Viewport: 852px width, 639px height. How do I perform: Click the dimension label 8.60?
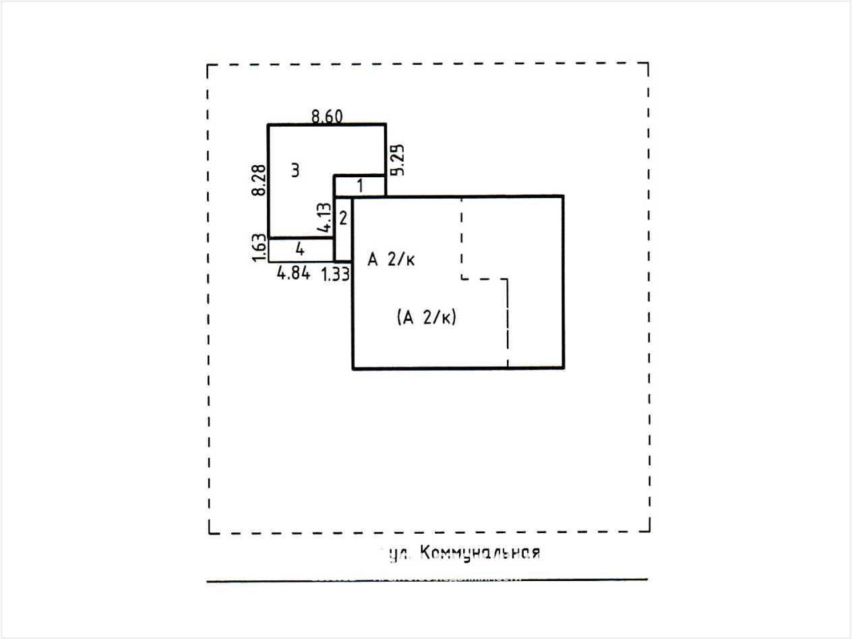[x=327, y=117]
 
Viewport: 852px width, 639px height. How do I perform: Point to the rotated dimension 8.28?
[x=257, y=181]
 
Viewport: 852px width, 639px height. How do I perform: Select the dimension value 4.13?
[x=324, y=218]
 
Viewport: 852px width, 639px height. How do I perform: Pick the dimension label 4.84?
[x=294, y=273]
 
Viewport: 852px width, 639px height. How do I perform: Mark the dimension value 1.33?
[x=335, y=274]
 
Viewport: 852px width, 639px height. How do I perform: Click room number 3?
[x=295, y=171]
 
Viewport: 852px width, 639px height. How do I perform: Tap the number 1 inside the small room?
[x=360, y=185]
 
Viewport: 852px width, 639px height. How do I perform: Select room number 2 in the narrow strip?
[x=343, y=218]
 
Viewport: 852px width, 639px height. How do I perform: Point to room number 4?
[x=301, y=249]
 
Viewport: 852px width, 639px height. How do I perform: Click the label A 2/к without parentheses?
[x=391, y=260]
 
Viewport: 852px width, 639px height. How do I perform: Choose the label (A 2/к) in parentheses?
[x=427, y=317]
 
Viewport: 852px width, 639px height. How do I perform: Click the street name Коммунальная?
[x=479, y=553]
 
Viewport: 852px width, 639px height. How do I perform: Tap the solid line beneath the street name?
[x=427, y=580]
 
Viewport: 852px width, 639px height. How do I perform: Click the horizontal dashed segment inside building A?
[x=484, y=278]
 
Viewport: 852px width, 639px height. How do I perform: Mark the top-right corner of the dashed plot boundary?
[x=648, y=63]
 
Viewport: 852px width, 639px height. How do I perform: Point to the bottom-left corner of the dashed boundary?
[x=209, y=532]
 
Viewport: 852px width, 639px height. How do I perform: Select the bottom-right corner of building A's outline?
[x=563, y=368]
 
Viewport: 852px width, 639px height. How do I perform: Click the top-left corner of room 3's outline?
[x=268, y=125]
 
